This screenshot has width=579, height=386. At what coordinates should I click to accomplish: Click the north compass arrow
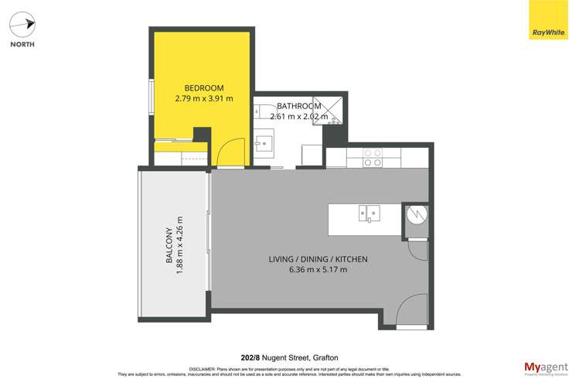[22, 24]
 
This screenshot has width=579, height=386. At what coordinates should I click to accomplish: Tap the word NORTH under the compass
[22, 45]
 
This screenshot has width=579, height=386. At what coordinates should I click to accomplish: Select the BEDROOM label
[204, 87]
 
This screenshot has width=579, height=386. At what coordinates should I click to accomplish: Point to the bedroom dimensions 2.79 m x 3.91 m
[204, 99]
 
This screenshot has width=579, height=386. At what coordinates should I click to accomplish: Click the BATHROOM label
[299, 106]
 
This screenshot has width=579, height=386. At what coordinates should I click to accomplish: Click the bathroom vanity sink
[264, 143]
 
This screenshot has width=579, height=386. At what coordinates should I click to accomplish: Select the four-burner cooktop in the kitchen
[373, 158]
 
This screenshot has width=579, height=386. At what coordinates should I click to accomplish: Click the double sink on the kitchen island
[369, 213]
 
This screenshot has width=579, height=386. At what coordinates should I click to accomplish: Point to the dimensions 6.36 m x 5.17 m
[318, 270]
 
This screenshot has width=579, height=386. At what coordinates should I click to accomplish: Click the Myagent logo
[545, 367]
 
